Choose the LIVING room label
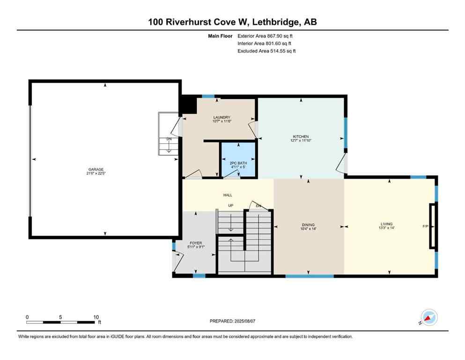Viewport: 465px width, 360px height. coord(386,224)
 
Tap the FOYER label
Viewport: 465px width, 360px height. coord(195,244)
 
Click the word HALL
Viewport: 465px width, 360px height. coord(228,195)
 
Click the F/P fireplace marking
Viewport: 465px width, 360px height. coord(425,226)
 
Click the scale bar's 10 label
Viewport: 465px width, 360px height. coord(96,317)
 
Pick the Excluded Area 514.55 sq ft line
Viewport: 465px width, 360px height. coord(266,51)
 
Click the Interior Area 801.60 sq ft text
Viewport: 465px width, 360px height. coord(265,43)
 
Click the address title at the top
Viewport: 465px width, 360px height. coord(232,22)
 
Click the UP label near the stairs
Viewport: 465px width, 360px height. coord(230,206)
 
